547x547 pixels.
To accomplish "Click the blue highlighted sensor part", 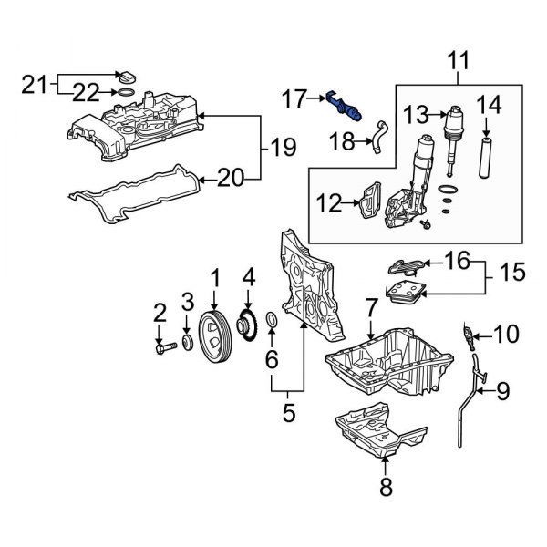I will pos(347,107).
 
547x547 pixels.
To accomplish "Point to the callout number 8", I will pos(385,488).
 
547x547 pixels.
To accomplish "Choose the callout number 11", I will pos(459,64).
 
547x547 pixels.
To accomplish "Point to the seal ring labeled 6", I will pos(272,323).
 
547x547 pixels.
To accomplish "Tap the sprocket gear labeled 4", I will pos(245,325).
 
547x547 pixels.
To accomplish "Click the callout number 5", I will pos(288,413).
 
